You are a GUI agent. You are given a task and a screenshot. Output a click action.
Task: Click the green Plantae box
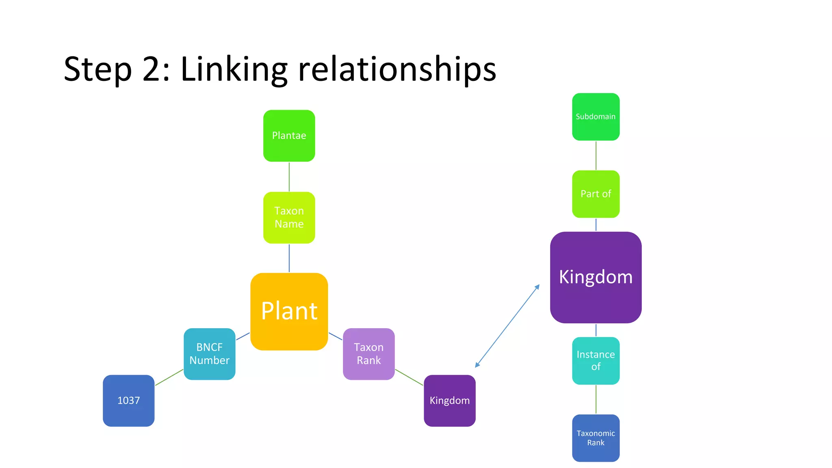[x=289, y=136]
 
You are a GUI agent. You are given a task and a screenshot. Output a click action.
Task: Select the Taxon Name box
[x=289, y=217]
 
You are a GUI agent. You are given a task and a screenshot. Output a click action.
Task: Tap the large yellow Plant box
[x=289, y=311]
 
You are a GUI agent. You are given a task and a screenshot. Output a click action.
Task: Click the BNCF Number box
[x=209, y=354]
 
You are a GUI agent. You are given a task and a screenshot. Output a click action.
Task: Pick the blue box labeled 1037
[x=128, y=401]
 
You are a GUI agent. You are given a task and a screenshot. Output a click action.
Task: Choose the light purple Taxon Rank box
[x=368, y=354]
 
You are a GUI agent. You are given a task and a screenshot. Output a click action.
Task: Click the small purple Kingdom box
[x=449, y=401]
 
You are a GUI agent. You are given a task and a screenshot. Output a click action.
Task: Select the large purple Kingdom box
[x=596, y=277]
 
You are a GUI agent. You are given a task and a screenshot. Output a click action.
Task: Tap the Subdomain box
[x=596, y=117]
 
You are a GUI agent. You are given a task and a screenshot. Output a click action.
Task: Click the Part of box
[x=596, y=194]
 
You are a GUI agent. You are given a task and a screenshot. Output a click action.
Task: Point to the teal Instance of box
[x=596, y=360]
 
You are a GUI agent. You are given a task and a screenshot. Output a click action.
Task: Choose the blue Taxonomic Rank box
[x=596, y=438]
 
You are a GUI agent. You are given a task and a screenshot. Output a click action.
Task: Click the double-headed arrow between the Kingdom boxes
[x=507, y=326]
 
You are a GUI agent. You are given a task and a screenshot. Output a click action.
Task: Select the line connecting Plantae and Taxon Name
[x=289, y=177]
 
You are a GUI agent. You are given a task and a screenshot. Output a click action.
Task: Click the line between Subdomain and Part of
[x=596, y=156]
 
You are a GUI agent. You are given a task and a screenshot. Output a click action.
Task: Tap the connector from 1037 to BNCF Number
[x=169, y=377]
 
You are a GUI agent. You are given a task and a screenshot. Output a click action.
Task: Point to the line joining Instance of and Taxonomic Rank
[x=596, y=399]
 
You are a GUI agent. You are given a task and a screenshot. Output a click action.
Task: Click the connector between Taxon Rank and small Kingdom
[x=409, y=377]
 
